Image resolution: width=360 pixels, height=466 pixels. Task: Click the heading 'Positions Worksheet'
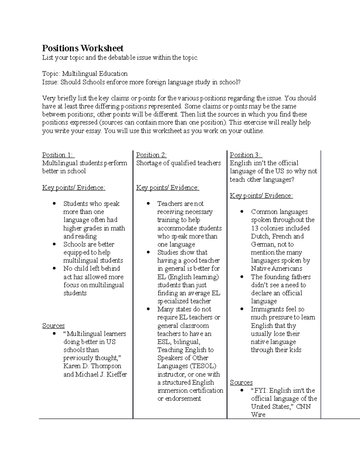tap(82, 48)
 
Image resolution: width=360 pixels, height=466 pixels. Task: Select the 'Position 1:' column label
tap(58, 155)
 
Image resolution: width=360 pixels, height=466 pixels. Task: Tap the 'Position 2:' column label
tap(151, 155)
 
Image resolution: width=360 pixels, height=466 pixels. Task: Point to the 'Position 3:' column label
tap(246, 155)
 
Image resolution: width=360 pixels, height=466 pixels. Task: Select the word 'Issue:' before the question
tap(50, 82)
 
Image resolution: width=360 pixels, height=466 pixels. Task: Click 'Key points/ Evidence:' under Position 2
tap(167, 188)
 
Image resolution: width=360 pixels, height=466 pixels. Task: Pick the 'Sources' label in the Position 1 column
tap(53, 326)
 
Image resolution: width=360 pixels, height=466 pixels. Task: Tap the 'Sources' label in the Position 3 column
tap(241, 383)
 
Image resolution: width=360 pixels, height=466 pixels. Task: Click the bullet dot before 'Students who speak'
tap(54, 204)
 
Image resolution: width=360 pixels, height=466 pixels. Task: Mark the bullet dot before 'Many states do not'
tap(148, 309)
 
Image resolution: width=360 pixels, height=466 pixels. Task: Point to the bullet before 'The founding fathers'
tap(242, 277)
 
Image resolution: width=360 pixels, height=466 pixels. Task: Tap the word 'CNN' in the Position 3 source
tap(303, 407)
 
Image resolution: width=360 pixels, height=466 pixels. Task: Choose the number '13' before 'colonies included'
tap(255, 228)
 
